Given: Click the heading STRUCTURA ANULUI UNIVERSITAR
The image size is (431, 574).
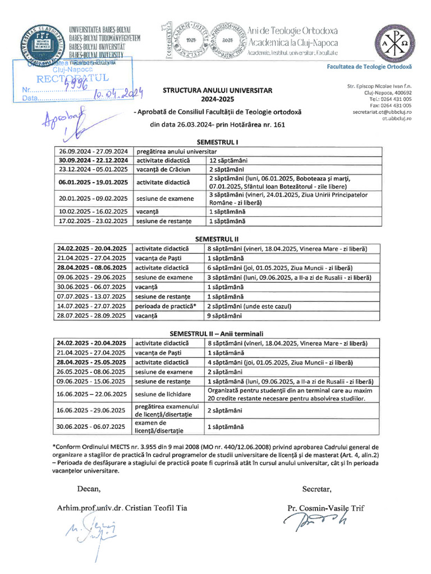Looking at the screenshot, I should (217, 90).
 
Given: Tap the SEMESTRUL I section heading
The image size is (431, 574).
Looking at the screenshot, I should (217, 143).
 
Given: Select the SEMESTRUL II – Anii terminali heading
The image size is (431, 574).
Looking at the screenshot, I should (217, 334).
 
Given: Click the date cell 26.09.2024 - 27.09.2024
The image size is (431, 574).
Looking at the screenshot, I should (93, 151).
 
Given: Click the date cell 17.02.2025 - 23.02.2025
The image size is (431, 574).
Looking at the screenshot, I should (93, 221).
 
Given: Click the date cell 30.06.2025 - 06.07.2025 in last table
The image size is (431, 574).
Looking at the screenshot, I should (93, 426).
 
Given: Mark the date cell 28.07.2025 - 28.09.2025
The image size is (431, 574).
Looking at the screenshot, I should (93, 316).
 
